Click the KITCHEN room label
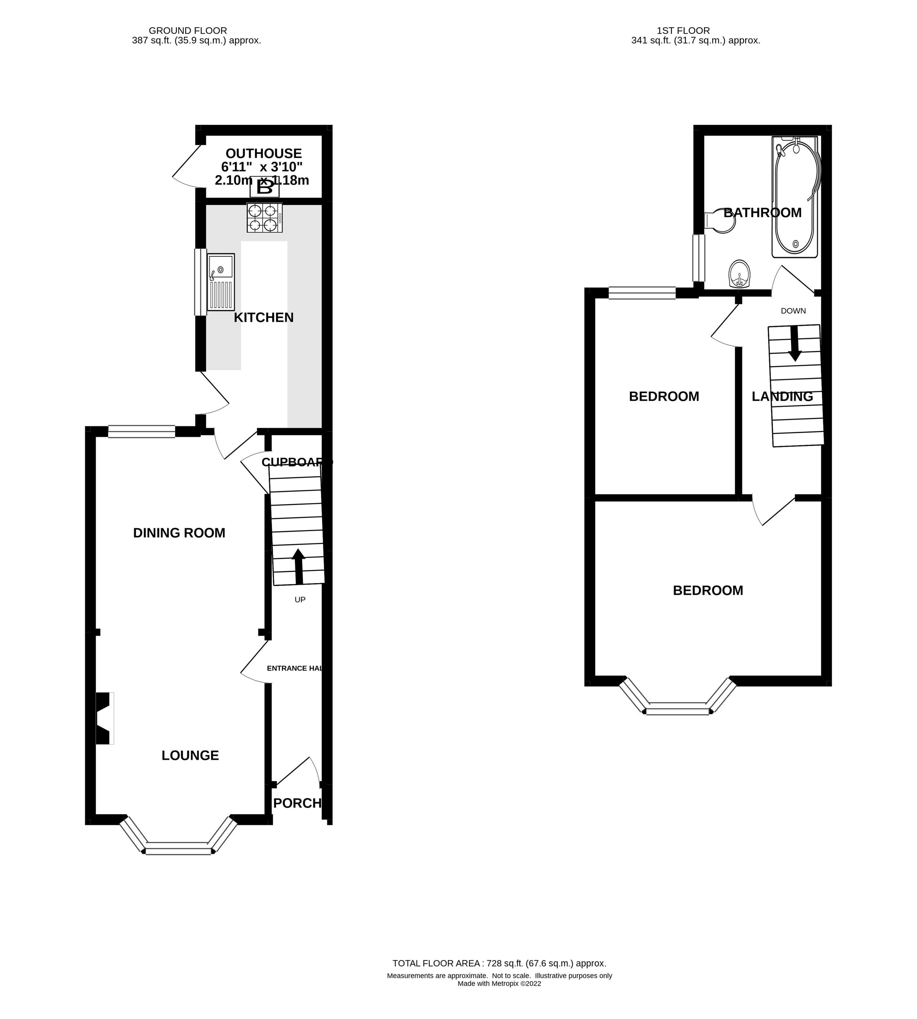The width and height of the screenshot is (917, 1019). (x=263, y=318)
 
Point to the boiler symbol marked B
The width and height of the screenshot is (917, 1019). (x=264, y=187)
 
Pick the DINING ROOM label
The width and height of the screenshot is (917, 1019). (x=179, y=533)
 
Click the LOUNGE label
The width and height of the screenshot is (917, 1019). (x=190, y=756)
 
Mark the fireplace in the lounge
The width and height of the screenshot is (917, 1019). (x=104, y=718)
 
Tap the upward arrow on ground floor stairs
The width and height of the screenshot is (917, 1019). (x=298, y=566)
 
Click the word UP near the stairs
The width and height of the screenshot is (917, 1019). (x=300, y=599)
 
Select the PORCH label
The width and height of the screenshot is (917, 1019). (x=297, y=803)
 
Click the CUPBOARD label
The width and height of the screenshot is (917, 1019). (x=296, y=462)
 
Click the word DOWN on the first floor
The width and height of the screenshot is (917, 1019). (x=793, y=311)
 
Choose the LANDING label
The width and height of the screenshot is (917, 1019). (x=782, y=396)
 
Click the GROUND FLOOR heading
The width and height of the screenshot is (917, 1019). (x=188, y=31)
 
